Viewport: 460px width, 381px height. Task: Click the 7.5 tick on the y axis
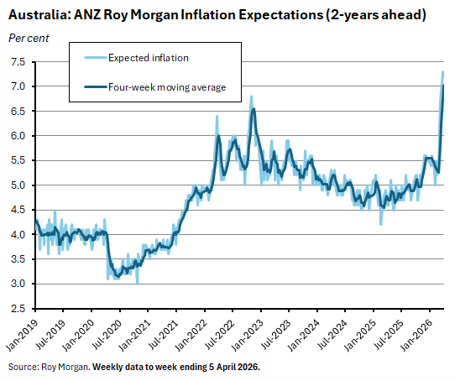click(18, 62)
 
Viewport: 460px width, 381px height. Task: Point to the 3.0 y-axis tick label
click(18, 284)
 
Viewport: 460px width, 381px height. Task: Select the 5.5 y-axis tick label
click(18, 160)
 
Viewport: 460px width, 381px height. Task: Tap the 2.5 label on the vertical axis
click(18, 309)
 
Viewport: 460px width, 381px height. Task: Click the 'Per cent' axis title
click(28, 39)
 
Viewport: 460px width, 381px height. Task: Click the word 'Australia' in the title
click(39, 15)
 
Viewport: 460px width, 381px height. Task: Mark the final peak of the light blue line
click(443, 71)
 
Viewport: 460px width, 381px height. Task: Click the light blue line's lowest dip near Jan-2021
click(138, 284)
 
